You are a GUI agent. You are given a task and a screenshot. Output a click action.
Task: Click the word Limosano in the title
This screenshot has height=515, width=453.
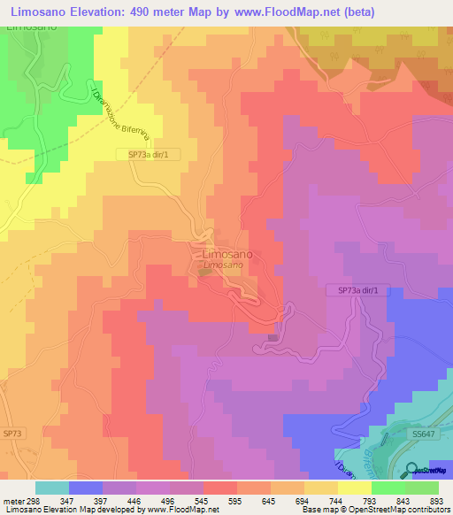click(x=41, y=12)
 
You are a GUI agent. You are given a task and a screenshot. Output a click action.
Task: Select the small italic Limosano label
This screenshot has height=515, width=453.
click(x=223, y=265)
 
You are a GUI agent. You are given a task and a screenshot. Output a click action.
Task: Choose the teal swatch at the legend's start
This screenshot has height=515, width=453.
click(x=51, y=488)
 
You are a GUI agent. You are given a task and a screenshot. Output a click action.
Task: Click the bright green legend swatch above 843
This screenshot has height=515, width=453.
click(x=388, y=488)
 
